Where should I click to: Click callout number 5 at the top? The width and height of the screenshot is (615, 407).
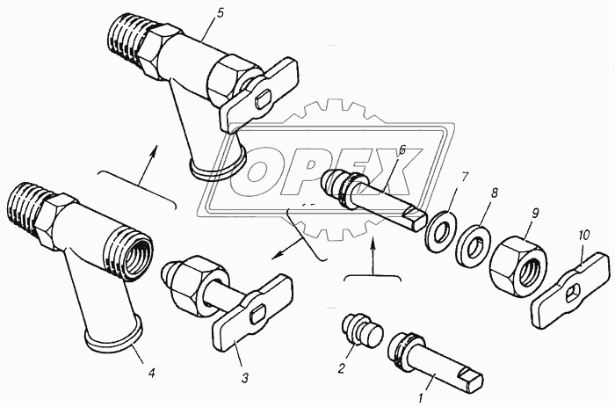pos(220,14)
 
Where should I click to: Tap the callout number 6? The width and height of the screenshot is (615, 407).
pos(402,150)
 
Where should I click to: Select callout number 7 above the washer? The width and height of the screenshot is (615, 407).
pos(464,177)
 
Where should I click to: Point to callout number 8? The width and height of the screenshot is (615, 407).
pos(494,193)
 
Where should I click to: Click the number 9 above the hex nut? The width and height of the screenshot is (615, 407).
pos(535,214)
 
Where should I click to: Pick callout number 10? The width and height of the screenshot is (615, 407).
pos(583,236)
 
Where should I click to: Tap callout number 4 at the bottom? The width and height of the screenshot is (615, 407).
pos(151,373)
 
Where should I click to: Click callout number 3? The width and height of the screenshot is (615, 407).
pos(245,378)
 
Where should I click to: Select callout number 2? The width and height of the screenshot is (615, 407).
pos(341,368)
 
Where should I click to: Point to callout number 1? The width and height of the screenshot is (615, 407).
pos(420,399)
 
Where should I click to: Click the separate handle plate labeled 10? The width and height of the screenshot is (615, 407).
pos(571,290)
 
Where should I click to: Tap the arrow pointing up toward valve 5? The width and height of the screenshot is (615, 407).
pos(148,164)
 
